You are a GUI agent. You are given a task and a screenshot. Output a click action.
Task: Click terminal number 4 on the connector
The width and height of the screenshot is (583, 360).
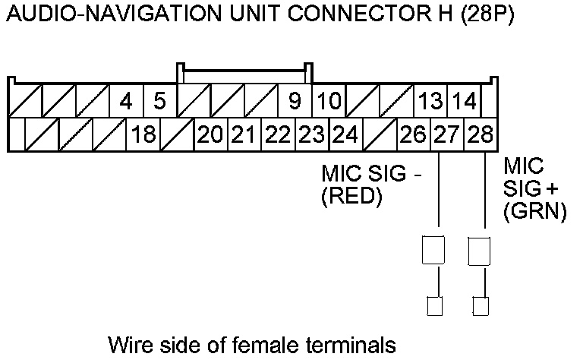tap(127, 101)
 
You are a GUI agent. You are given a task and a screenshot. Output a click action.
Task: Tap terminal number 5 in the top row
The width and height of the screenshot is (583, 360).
tap(159, 101)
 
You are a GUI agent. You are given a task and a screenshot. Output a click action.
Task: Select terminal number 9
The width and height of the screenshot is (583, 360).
tap(295, 101)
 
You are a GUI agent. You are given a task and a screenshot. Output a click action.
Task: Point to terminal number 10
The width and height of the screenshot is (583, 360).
tap(328, 101)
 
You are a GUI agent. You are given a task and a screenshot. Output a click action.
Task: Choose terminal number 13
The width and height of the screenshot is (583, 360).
tap(430, 101)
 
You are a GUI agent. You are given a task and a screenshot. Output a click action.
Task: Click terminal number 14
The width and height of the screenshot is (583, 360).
tap(463, 101)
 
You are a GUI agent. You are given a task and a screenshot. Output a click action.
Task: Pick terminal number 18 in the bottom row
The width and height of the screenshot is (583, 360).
tap(143, 135)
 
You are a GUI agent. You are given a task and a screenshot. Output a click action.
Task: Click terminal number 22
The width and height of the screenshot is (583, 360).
tap(278, 135)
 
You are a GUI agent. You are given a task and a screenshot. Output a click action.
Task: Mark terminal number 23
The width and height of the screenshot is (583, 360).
tap(311, 135)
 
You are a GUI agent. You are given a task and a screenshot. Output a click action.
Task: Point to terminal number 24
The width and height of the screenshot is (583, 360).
tap(345, 135)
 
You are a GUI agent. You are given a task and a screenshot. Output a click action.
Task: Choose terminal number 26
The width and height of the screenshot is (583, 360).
tap(413, 135)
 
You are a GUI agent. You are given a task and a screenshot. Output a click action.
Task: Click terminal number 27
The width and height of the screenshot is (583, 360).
tap(446, 135)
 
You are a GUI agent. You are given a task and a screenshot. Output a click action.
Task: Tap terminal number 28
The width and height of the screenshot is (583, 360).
tap(480, 135)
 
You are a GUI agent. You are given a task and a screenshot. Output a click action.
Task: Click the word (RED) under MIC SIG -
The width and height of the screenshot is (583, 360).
tap(351, 197)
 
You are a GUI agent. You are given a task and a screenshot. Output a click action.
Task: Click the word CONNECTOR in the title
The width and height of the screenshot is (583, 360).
tap(344, 16)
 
